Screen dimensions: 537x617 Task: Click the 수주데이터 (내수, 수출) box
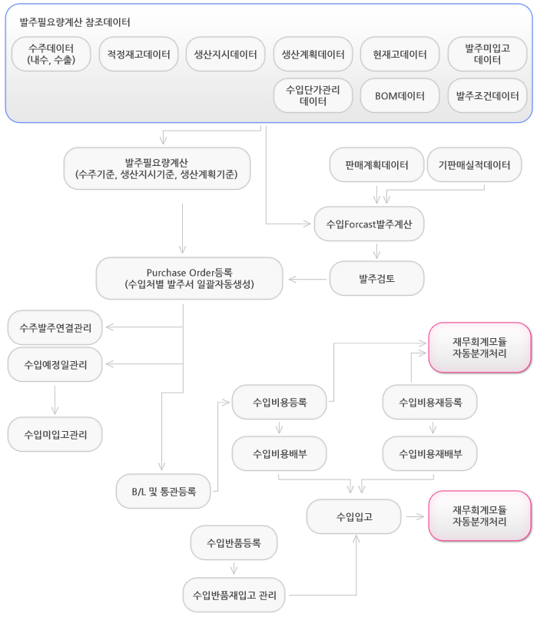(x=51, y=54)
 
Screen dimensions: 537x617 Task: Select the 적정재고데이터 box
(x=138, y=54)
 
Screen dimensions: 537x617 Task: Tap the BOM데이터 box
(x=399, y=95)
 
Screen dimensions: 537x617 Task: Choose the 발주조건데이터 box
(x=487, y=95)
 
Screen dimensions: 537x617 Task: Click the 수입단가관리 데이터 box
(x=313, y=95)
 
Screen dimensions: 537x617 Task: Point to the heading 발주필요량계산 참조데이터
(x=75, y=22)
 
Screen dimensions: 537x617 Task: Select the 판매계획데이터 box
(x=376, y=164)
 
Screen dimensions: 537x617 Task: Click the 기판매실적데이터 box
(x=475, y=164)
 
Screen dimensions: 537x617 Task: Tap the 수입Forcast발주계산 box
(x=369, y=224)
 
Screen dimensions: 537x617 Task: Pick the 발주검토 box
(x=377, y=279)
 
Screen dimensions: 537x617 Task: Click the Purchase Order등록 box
(x=189, y=278)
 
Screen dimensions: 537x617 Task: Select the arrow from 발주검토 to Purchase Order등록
(x=307, y=280)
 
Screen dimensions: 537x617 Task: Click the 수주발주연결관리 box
(x=55, y=327)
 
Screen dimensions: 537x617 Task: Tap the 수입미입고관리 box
(x=55, y=434)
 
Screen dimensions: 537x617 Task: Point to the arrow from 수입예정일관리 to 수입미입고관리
(x=55, y=400)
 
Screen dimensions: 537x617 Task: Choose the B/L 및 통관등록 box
(x=164, y=491)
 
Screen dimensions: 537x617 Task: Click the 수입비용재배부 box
(x=430, y=453)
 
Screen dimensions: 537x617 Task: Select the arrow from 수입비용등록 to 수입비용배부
(x=280, y=428)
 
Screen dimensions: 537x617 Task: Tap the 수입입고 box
(x=354, y=516)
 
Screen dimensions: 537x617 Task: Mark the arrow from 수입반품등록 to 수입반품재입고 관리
(x=234, y=569)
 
